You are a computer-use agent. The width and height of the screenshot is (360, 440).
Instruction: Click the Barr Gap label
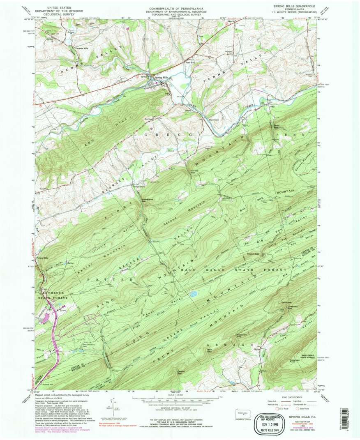tap(210, 350)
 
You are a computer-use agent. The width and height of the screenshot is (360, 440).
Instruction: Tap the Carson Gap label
tap(179, 373)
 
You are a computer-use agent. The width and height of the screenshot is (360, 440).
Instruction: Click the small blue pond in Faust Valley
tap(193, 294)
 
